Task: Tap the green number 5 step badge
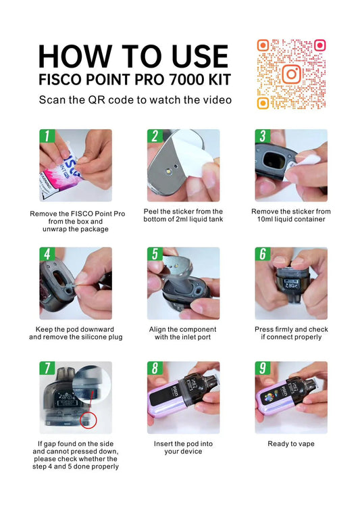tap(155, 254)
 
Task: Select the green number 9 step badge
tap(262, 368)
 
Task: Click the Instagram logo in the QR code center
tap(291, 74)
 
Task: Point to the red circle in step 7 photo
tap(88, 420)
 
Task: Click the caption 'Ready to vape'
tap(291, 444)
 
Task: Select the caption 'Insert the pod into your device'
tap(183, 448)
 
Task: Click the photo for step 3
tap(291, 166)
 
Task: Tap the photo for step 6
tap(291, 283)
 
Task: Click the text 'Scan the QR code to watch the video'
tap(135, 100)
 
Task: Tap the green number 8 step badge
tap(155, 368)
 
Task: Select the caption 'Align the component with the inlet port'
tap(183, 333)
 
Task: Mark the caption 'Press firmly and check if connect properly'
tap(291, 333)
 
